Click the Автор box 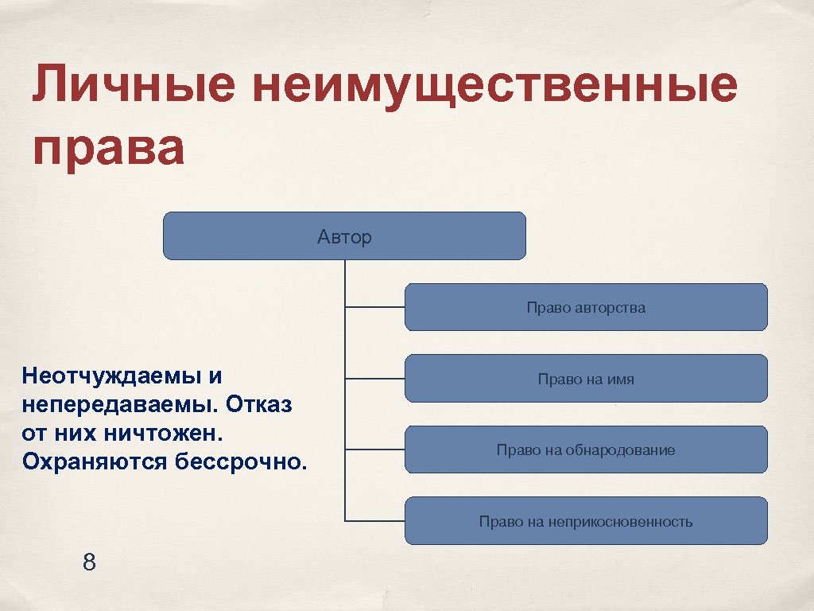[x=344, y=236]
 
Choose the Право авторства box [x=586, y=307]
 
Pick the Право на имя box [x=586, y=379]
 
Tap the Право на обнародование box [x=586, y=450]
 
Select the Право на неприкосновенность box [x=586, y=522]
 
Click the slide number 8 [x=89, y=563]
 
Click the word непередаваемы [x=118, y=404]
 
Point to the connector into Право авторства [x=374, y=307]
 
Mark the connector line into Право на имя [x=374, y=379]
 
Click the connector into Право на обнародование [x=374, y=450]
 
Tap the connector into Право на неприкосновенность [x=374, y=522]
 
